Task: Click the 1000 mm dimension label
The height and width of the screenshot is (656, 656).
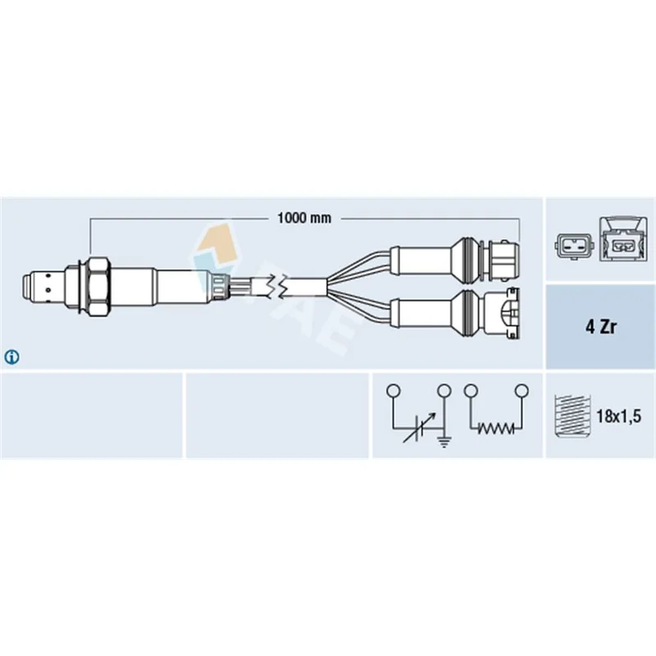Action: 304,218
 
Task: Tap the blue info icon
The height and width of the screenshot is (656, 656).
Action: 11,358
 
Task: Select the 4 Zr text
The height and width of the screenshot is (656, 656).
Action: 601,326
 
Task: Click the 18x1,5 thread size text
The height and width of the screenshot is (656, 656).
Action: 618,417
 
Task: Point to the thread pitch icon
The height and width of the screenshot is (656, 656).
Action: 572,416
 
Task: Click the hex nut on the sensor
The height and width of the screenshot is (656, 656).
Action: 98,286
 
